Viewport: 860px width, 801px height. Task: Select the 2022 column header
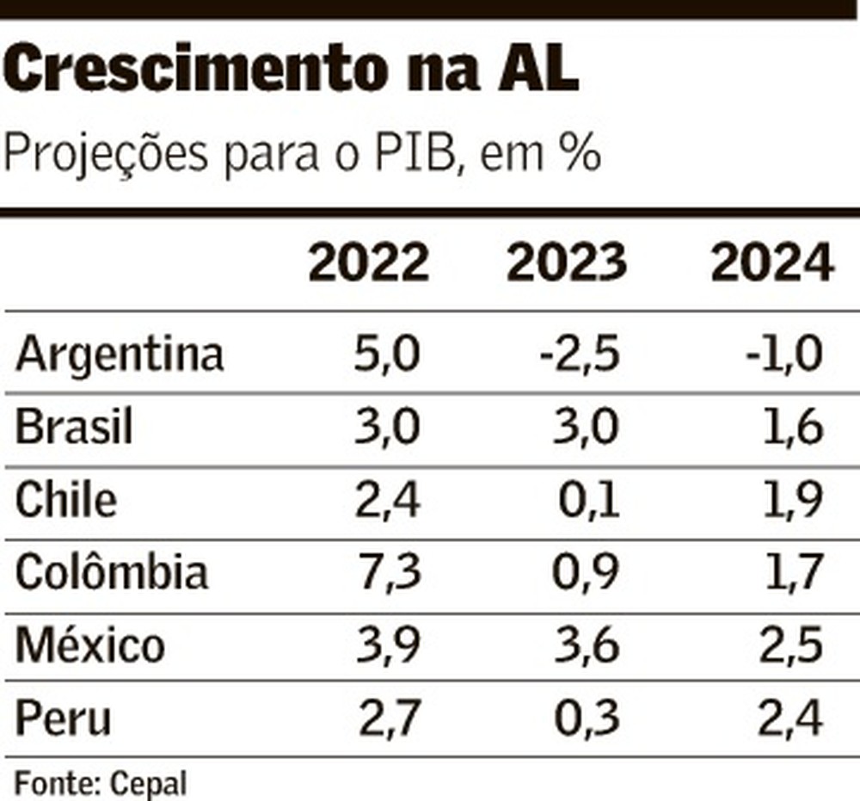[x=368, y=263]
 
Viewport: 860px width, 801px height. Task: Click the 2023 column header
[x=566, y=263]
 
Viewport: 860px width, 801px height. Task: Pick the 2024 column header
[x=772, y=263]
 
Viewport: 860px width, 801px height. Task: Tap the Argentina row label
[x=120, y=354]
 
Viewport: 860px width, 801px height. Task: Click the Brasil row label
[x=75, y=428]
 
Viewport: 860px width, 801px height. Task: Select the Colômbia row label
[x=112, y=571]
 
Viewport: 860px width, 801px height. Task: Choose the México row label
[x=90, y=644]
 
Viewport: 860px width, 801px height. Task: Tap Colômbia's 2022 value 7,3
[x=387, y=572]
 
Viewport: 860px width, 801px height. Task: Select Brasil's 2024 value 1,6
[x=791, y=428]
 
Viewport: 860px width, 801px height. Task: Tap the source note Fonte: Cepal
[x=101, y=784]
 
